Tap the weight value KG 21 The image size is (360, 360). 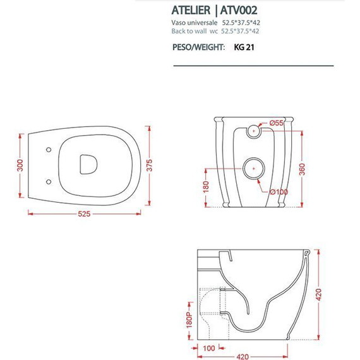point(244,47)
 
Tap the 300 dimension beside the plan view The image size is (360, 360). point(20,165)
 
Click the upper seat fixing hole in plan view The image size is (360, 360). point(49,150)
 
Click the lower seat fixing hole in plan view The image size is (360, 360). point(49,182)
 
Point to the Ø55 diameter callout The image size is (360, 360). point(276,123)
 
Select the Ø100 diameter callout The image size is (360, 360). point(278,191)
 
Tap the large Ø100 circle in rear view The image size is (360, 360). point(253,169)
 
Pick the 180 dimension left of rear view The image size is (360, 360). point(206,188)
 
